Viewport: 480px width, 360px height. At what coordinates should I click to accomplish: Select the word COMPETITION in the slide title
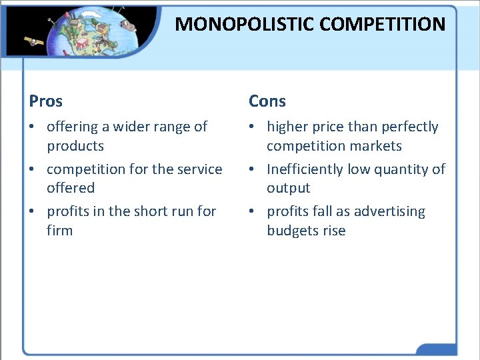point(382,25)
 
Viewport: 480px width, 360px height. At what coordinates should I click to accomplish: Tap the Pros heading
point(46,101)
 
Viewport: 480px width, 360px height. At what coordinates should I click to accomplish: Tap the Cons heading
point(267,101)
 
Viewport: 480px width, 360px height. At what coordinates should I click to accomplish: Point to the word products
point(75,145)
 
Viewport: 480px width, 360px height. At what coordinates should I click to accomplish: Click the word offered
point(71,188)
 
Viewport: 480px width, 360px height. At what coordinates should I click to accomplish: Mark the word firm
point(59,231)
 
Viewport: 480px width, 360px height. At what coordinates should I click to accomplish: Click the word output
point(289,188)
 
